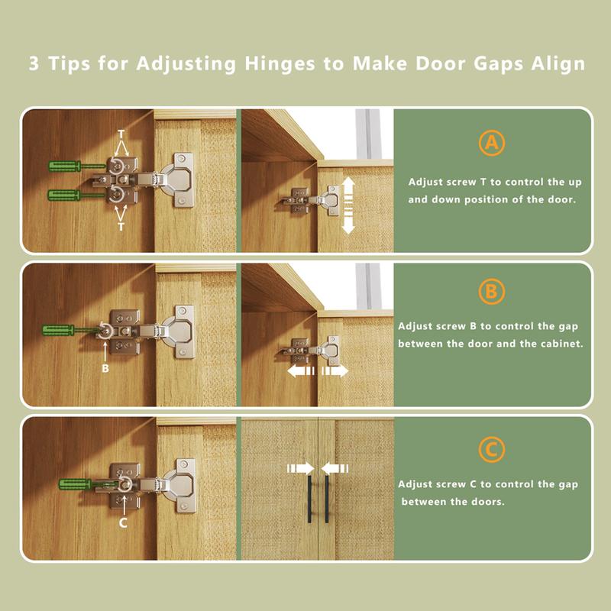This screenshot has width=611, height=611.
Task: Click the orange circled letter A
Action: [492, 143]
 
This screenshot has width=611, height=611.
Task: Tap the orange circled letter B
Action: [492, 292]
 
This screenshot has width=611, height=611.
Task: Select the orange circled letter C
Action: [492, 450]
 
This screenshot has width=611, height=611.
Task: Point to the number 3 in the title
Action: [34, 63]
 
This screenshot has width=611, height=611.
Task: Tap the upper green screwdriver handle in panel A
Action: [64, 166]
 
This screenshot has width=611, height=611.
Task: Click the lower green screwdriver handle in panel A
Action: [63, 195]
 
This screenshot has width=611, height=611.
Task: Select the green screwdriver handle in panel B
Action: [58, 331]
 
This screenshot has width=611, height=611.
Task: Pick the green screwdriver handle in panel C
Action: [75, 484]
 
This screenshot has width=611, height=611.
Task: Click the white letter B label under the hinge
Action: [105, 368]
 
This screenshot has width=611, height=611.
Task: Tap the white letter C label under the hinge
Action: [123, 522]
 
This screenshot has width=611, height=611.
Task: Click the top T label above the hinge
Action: [121, 134]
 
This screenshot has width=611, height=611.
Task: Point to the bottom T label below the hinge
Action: [121, 226]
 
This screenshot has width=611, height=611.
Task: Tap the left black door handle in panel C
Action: [310, 499]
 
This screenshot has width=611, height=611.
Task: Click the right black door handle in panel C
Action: [327, 499]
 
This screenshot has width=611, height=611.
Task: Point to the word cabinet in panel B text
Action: [563, 344]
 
